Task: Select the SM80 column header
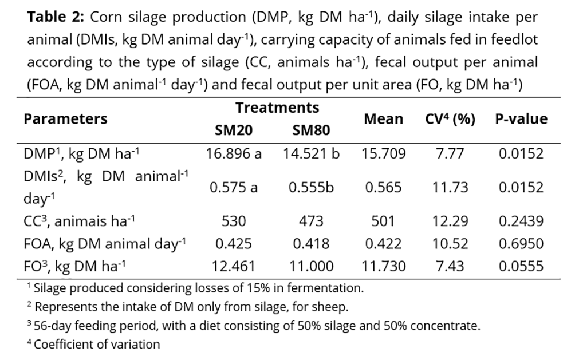click(311, 130)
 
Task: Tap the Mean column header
click(383, 119)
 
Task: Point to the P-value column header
click(521, 119)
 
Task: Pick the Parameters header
click(65, 119)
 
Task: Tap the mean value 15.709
click(384, 153)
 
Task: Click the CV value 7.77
click(450, 153)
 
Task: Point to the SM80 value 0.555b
click(311, 187)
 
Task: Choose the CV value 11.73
click(450, 187)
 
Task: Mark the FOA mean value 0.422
click(384, 243)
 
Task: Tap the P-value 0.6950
click(521, 243)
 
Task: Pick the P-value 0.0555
click(521, 266)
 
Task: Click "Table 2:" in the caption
click(55, 17)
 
